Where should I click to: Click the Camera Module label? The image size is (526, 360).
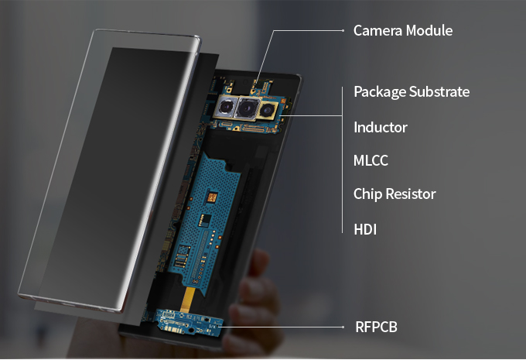402,31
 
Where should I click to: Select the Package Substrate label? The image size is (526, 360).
411,92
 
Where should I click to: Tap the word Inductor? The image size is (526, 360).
380,127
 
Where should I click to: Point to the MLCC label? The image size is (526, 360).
371,161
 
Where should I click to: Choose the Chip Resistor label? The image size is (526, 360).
394,194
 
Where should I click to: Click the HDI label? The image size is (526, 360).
364,229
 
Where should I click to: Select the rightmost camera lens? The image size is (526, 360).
268,109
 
